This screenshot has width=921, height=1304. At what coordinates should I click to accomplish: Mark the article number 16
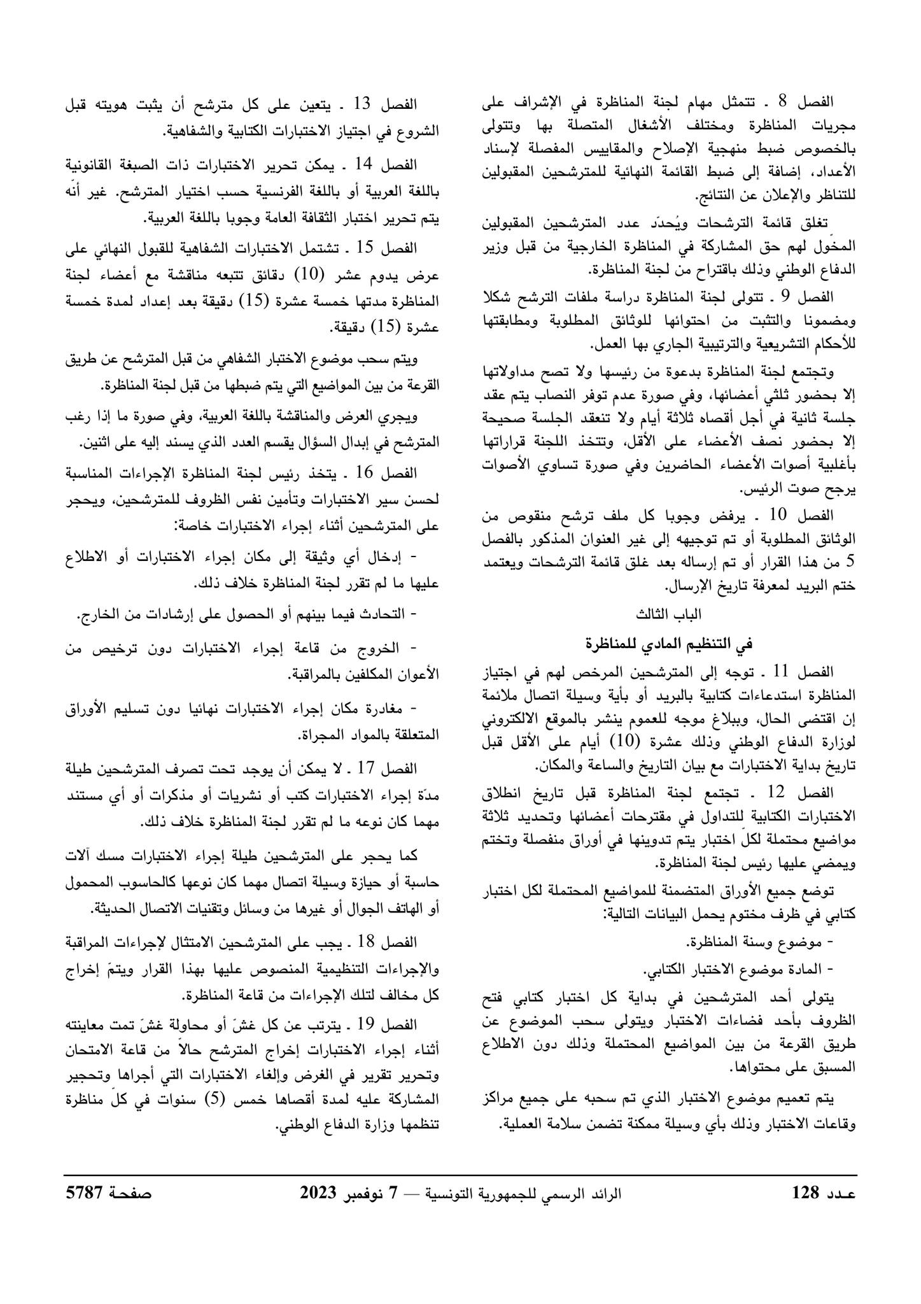pyautogui.click(x=367, y=472)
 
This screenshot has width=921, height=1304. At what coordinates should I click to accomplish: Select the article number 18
pyautogui.click(x=367, y=941)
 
